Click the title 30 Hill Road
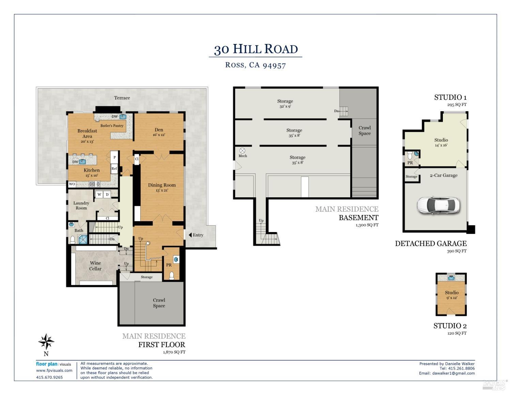255,49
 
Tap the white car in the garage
438,205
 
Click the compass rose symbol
46,341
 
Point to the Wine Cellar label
95,266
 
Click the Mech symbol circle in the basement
243,150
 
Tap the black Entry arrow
190,235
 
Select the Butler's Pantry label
112,126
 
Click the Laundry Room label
81,206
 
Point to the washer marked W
99,195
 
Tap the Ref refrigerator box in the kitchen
114,168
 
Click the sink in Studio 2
451,278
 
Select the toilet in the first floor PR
172,275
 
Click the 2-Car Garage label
444,176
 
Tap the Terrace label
122,98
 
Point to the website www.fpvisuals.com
54,370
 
